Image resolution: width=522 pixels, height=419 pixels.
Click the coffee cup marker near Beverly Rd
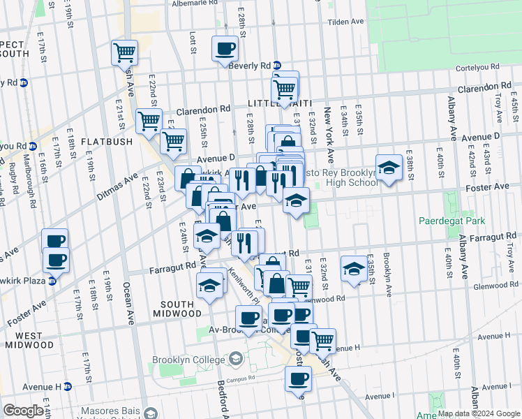225,49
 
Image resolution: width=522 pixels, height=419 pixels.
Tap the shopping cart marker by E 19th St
124,52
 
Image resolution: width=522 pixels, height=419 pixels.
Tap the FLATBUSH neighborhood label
106,142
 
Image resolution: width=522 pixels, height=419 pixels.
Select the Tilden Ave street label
346,22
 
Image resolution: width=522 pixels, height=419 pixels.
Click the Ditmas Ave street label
122,187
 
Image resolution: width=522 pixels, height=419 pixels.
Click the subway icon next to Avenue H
67,386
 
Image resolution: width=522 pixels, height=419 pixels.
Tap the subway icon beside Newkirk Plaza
52,281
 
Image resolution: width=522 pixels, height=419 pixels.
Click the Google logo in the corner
23,411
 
